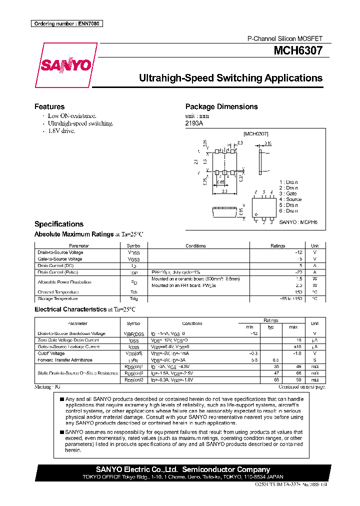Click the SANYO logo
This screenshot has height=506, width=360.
pyautogui.click(x=66, y=65)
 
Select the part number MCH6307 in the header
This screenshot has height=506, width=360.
pyautogui.click(x=298, y=50)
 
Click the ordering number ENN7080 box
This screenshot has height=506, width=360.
pyautogui.click(x=66, y=23)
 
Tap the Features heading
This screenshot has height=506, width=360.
pyautogui.click(x=49, y=106)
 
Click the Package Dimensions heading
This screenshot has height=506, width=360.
pyautogui.click(x=221, y=106)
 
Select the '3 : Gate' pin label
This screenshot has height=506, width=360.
pyautogui.click(x=288, y=193)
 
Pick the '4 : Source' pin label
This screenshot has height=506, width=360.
pyautogui.click(x=290, y=199)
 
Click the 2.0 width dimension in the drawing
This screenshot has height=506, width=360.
pyautogui.click(x=224, y=191)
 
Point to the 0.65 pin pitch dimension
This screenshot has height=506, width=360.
pyautogui.click(x=220, y=182)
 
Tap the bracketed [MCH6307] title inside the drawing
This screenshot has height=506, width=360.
pyautogui.click(x=256, y=134)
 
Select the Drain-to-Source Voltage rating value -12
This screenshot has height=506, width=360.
pyautogui.click(x=299, y=252)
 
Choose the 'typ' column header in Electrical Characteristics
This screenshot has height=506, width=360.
pyautogui.click(x=271, y=326)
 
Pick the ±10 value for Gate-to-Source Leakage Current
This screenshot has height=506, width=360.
pyautogui.click(x=298, y=346)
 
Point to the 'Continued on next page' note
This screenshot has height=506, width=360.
pyautogui.click(x=301, y=386)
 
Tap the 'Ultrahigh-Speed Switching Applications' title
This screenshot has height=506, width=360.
pyautogui.click(x=230, y=78)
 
